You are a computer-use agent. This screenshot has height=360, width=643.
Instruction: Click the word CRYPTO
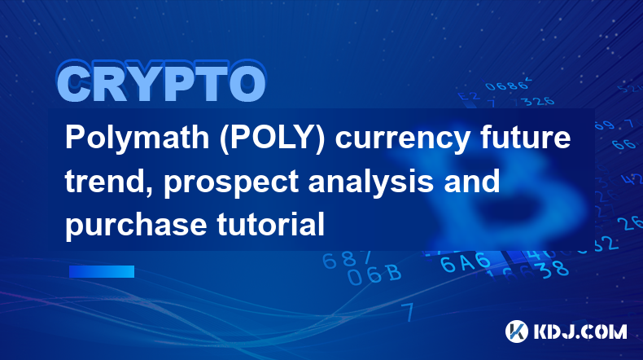point(162,82)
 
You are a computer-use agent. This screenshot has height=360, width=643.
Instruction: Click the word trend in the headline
point(110,181)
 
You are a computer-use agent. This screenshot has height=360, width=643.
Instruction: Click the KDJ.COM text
point(580,331)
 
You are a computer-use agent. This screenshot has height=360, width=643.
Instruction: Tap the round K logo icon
point(517,331)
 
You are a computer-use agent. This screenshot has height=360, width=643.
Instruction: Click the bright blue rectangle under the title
point(102,271)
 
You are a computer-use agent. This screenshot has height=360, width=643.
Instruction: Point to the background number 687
point(347,260)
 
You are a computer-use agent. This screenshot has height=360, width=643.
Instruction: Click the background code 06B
point(374,274)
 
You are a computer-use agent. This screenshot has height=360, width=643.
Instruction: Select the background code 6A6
point(466,262)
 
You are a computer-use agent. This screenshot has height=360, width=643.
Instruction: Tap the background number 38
point(554,269)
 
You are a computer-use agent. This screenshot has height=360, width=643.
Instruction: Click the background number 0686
point(507,86)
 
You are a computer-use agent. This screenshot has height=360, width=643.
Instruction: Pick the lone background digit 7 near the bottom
point(408,312)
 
